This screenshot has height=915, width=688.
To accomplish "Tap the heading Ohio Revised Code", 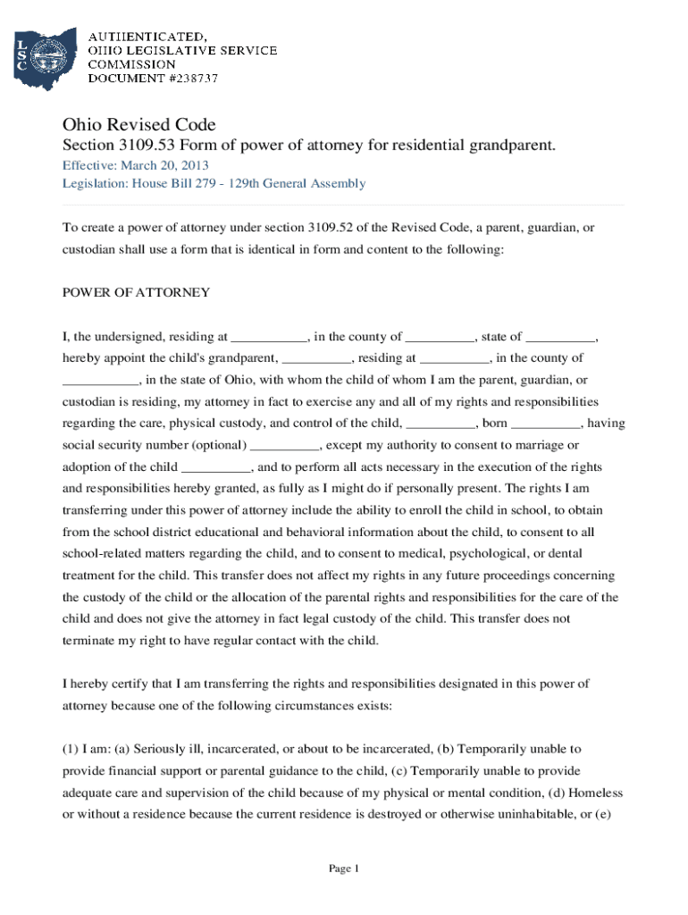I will (x=138, y=124).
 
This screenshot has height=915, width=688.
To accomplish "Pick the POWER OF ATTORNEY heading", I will (x=136, y=292).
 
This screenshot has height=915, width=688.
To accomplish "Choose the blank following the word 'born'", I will (x=546, y=424).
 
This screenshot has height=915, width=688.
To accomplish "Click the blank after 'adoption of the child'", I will (x=216, y=467).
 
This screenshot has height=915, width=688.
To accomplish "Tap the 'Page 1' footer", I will (x=343, y=869).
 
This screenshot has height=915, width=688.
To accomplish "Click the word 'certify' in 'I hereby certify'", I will (x=128, y=684).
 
